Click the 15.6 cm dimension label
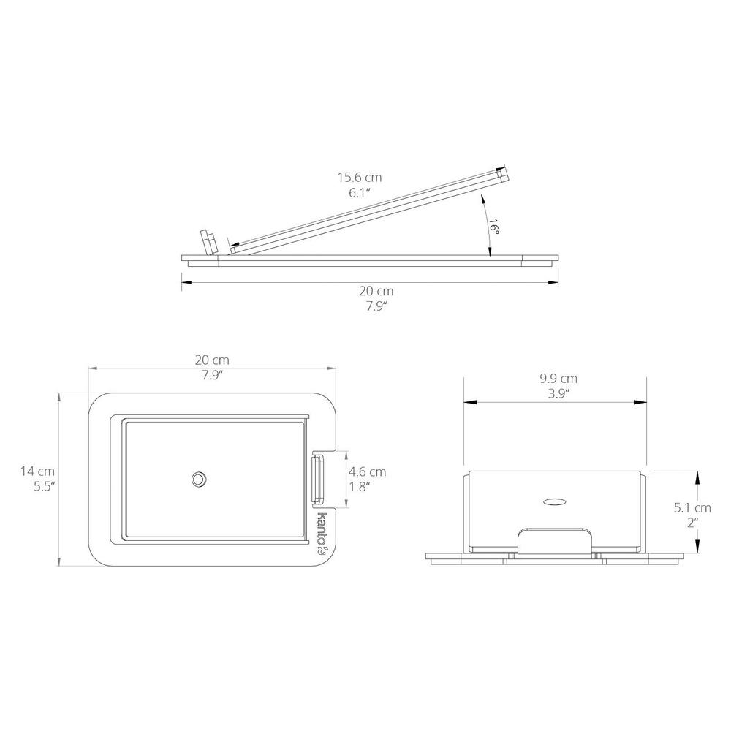pyautogui.click(x=360, y=177)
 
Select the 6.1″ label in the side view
pyautogui.click(x=360, y=193)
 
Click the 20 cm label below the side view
pyautogui.click(x=376, y=291)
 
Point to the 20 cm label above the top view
pyautogui.click(x=212, y=360)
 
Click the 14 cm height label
pyautogui.click(x=37, y=471)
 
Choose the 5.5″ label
pyautogui.click(x=45, y=487)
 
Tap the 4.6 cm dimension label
pyautogui.click(x=368, y=471)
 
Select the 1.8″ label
pyautogui.click(x=360, y=487)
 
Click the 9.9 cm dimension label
pyautogui.click(x=558, y=379)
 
